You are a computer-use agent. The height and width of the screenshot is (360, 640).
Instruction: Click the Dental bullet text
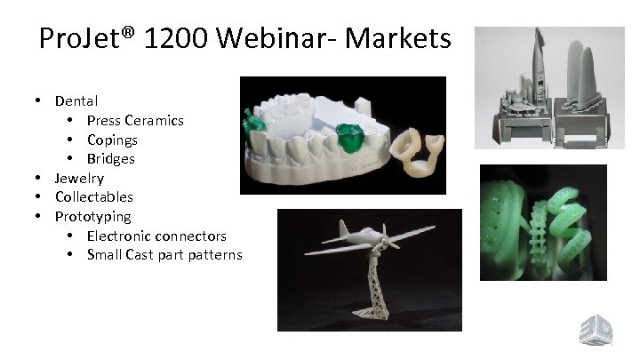(x=76, y=101)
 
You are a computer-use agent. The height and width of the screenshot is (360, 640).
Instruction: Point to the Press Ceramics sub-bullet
(x=135, y=120)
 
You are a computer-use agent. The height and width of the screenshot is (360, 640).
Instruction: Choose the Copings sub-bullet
(x=112, y=140)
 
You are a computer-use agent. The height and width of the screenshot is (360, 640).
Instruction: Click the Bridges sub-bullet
(x=111, y=159)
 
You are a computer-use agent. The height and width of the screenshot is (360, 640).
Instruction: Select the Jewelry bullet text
(x=79, y=178)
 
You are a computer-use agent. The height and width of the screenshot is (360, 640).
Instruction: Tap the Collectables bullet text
(x=94, y=197)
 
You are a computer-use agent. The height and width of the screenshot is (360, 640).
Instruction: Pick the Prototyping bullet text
(x=92, y=217)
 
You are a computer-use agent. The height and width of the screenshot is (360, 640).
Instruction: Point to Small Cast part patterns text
(x=164, y=255)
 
